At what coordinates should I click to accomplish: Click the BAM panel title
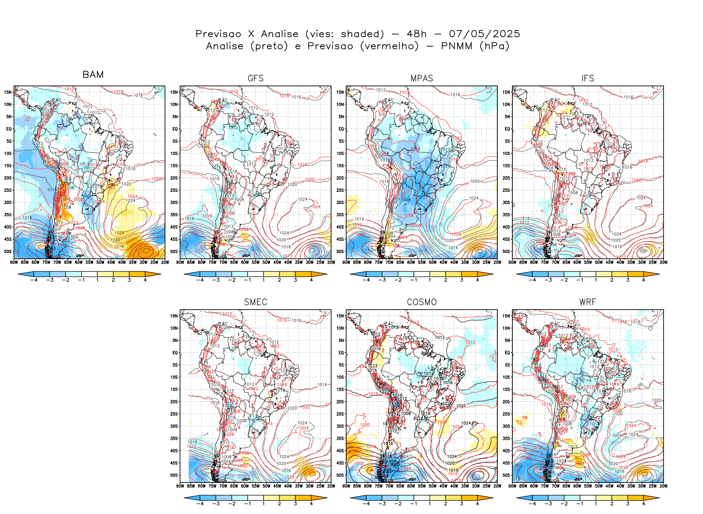point(93,74)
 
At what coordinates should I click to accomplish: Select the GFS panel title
point(256,78)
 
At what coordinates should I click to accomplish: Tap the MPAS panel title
point(422,78)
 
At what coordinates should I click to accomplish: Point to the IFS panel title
point(588,78)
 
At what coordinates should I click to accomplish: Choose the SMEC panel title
point(256,302)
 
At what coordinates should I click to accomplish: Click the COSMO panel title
point(422,302)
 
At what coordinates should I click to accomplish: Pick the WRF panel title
point(588,302)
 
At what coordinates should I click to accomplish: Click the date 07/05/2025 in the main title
point(484,34)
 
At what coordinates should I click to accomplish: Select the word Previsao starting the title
point(218,34)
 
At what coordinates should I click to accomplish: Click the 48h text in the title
point(417,34)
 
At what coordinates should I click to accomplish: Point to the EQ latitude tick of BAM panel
point(9,129)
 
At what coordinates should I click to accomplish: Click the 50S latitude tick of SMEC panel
point(174,475)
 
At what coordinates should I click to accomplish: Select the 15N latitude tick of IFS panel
point(506,92)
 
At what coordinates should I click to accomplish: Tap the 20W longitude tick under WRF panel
point(663,486)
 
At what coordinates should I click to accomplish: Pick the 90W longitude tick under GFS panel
point(180,262)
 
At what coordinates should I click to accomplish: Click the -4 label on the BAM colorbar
point(34,280)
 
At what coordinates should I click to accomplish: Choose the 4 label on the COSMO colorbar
point(477,504)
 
